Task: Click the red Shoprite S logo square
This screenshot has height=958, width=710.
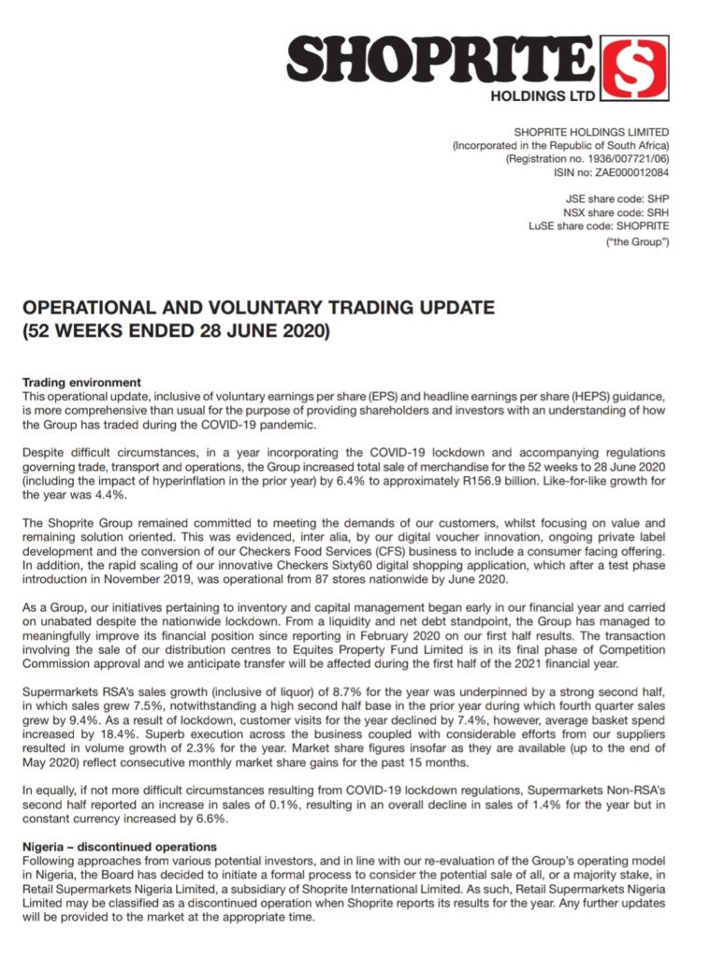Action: click(x=635, y=68)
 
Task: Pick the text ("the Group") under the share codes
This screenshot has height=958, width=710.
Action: click(x=639, y=243)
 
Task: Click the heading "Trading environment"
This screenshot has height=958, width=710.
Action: click(x=80, y=383)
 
